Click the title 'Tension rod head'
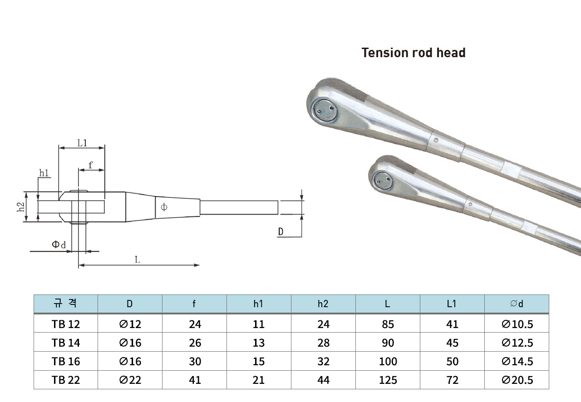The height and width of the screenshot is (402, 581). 414,53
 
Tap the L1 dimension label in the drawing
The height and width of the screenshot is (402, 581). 82,143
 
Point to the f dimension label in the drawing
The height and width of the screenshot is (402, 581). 90,165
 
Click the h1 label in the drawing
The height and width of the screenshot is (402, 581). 44,173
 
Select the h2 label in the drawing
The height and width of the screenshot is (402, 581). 20,207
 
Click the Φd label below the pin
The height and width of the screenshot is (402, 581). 59,244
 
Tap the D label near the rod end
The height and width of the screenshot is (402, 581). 281,231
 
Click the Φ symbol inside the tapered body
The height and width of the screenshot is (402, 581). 164,207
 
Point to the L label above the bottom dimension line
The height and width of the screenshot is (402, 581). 138,260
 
